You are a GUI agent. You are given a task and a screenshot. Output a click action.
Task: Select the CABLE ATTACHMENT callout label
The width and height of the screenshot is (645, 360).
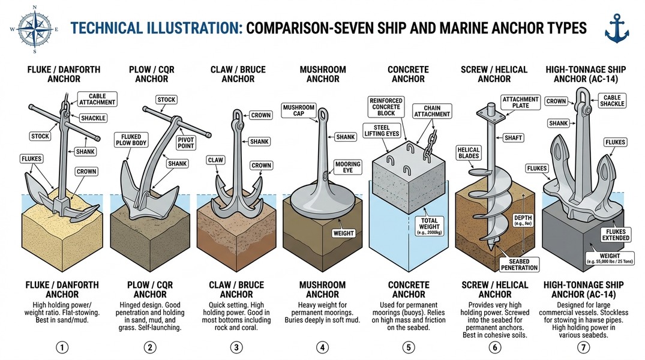97,100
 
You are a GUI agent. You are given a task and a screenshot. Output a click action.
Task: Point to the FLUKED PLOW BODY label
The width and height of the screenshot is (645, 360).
130,140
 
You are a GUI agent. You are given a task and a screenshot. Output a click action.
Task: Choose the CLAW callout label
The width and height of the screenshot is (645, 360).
215,160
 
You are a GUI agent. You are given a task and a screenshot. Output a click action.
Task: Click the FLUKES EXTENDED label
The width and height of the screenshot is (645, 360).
614,235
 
